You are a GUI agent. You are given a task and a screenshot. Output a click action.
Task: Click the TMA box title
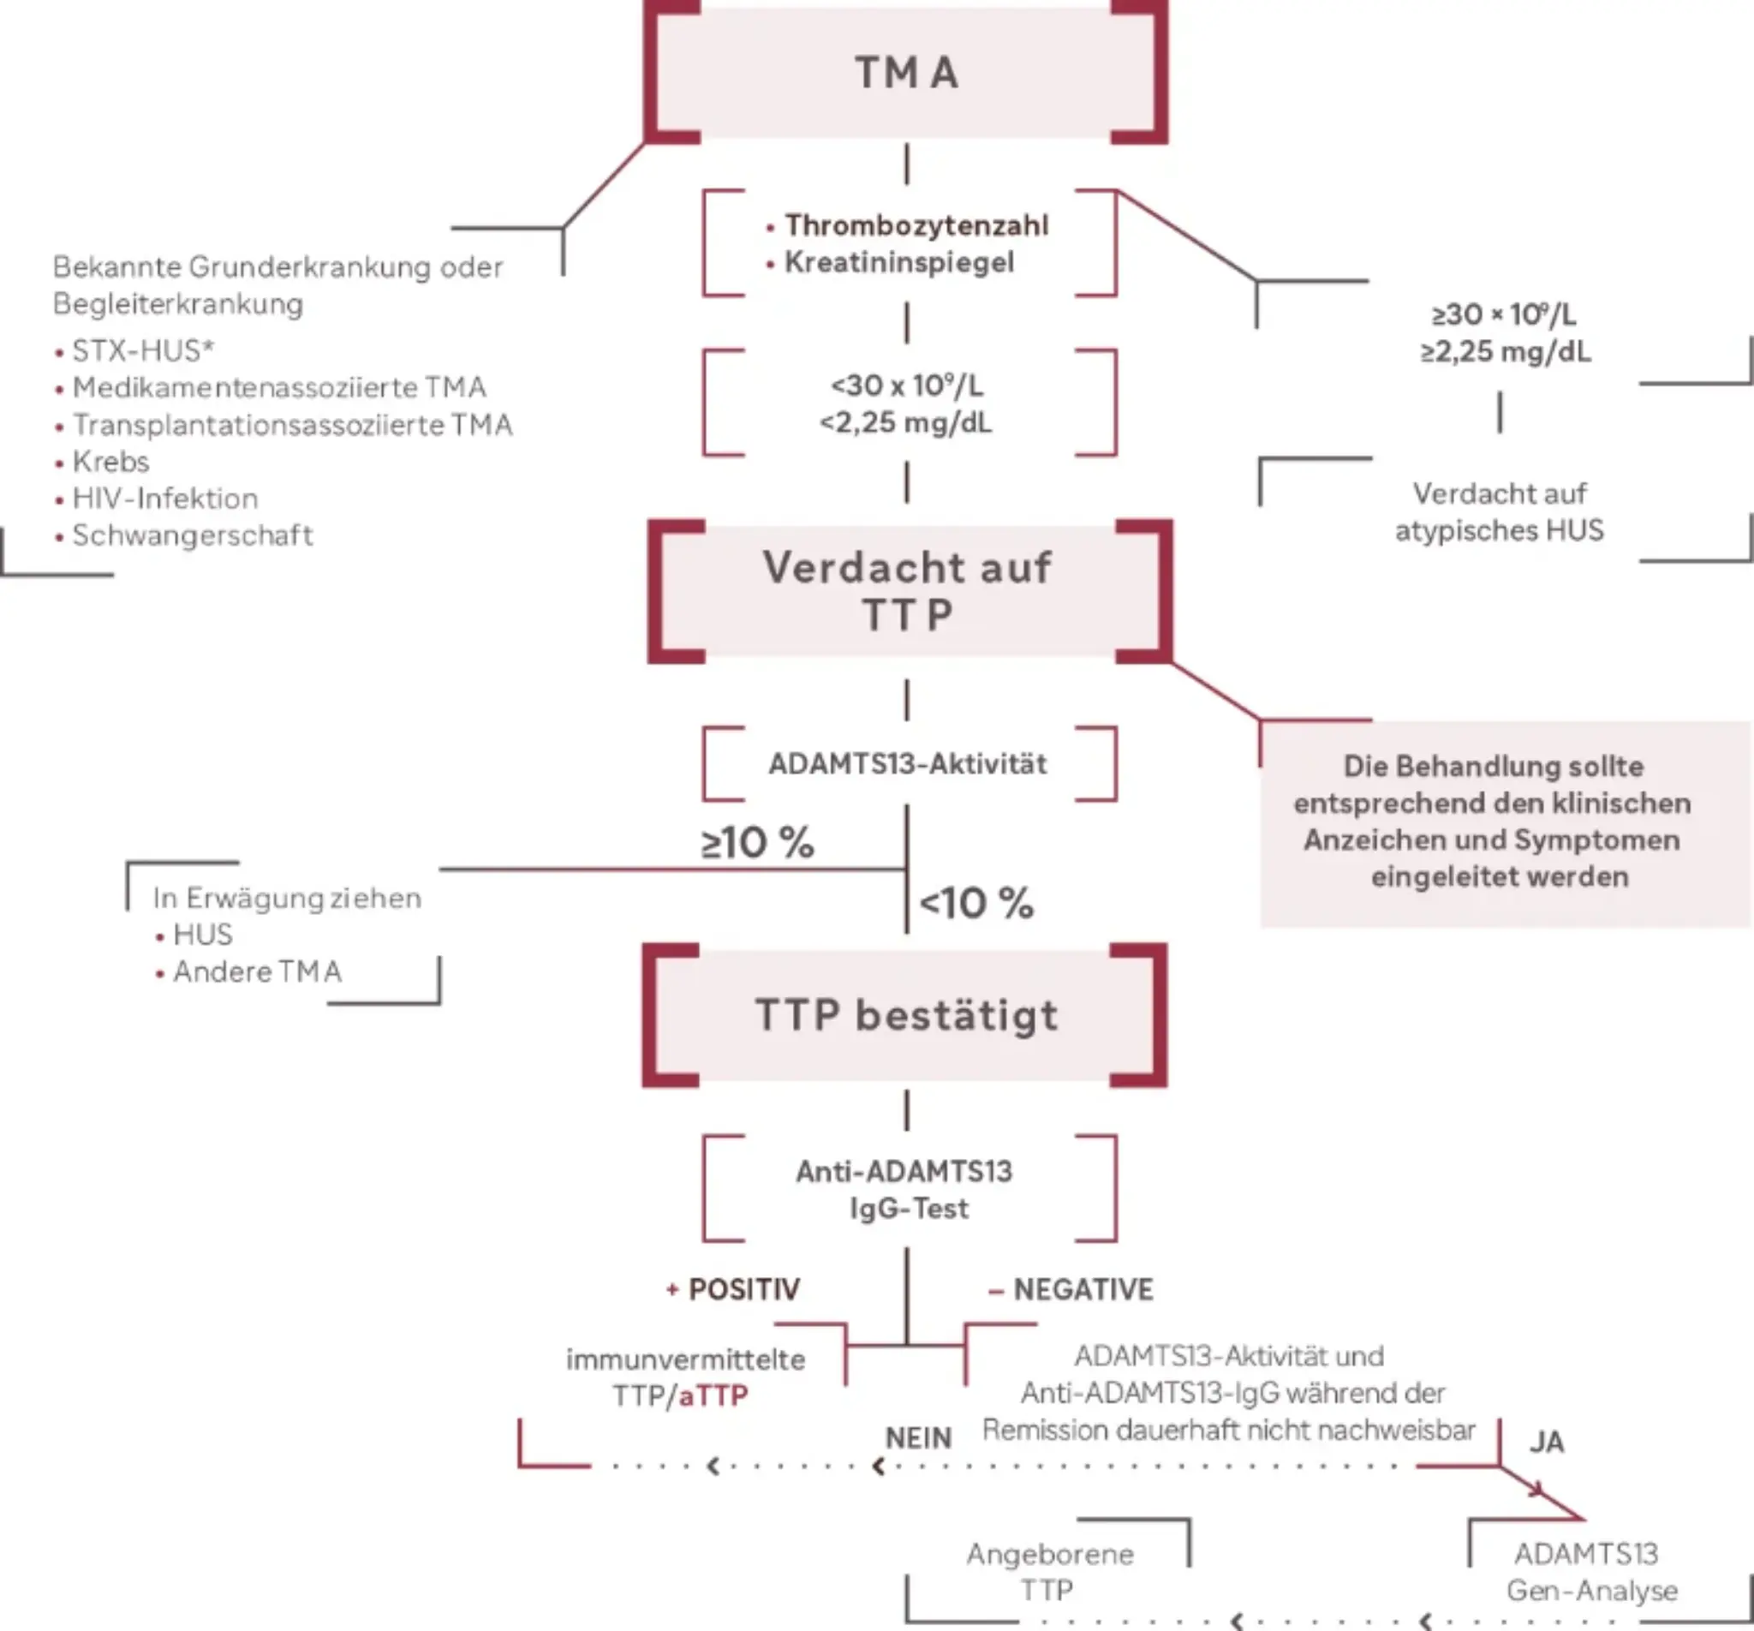[x=906, y=72]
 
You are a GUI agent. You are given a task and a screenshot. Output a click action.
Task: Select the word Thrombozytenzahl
[x=916, y=225]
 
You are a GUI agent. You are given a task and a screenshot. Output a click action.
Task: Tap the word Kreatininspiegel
[x=899, y=262]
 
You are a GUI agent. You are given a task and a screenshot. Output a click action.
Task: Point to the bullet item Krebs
[x=110, y=461]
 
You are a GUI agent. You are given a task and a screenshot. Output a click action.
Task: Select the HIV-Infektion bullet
[x=165, y=498]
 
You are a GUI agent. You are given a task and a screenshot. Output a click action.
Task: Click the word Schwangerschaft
[x=193, y=535]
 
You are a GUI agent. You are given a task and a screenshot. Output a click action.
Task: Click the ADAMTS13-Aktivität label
[x=907, y=763]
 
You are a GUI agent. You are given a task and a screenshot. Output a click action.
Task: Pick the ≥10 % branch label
[x=757, y=842]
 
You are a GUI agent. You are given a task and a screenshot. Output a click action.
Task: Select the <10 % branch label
[x=975, y=903]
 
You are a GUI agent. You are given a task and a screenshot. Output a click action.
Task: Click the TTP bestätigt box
[x=906, y=1015]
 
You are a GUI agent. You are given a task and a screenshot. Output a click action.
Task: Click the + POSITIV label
[x=733, y=1289]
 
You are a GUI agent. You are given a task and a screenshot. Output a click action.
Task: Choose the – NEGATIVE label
[x=1071, y=1289]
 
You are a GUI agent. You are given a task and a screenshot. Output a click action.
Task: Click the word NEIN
[x=917, y=1437]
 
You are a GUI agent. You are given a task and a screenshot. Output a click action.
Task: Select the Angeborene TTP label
[x=1049, y=1571]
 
